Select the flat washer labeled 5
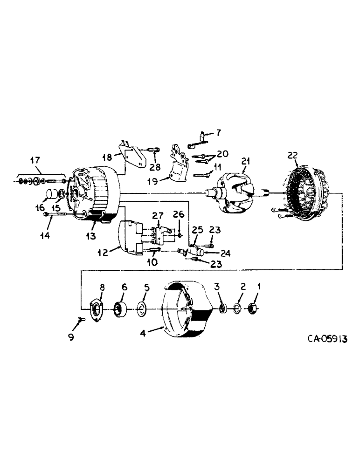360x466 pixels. point(141,308)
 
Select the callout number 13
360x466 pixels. point(91,237)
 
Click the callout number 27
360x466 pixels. point(159,215)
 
